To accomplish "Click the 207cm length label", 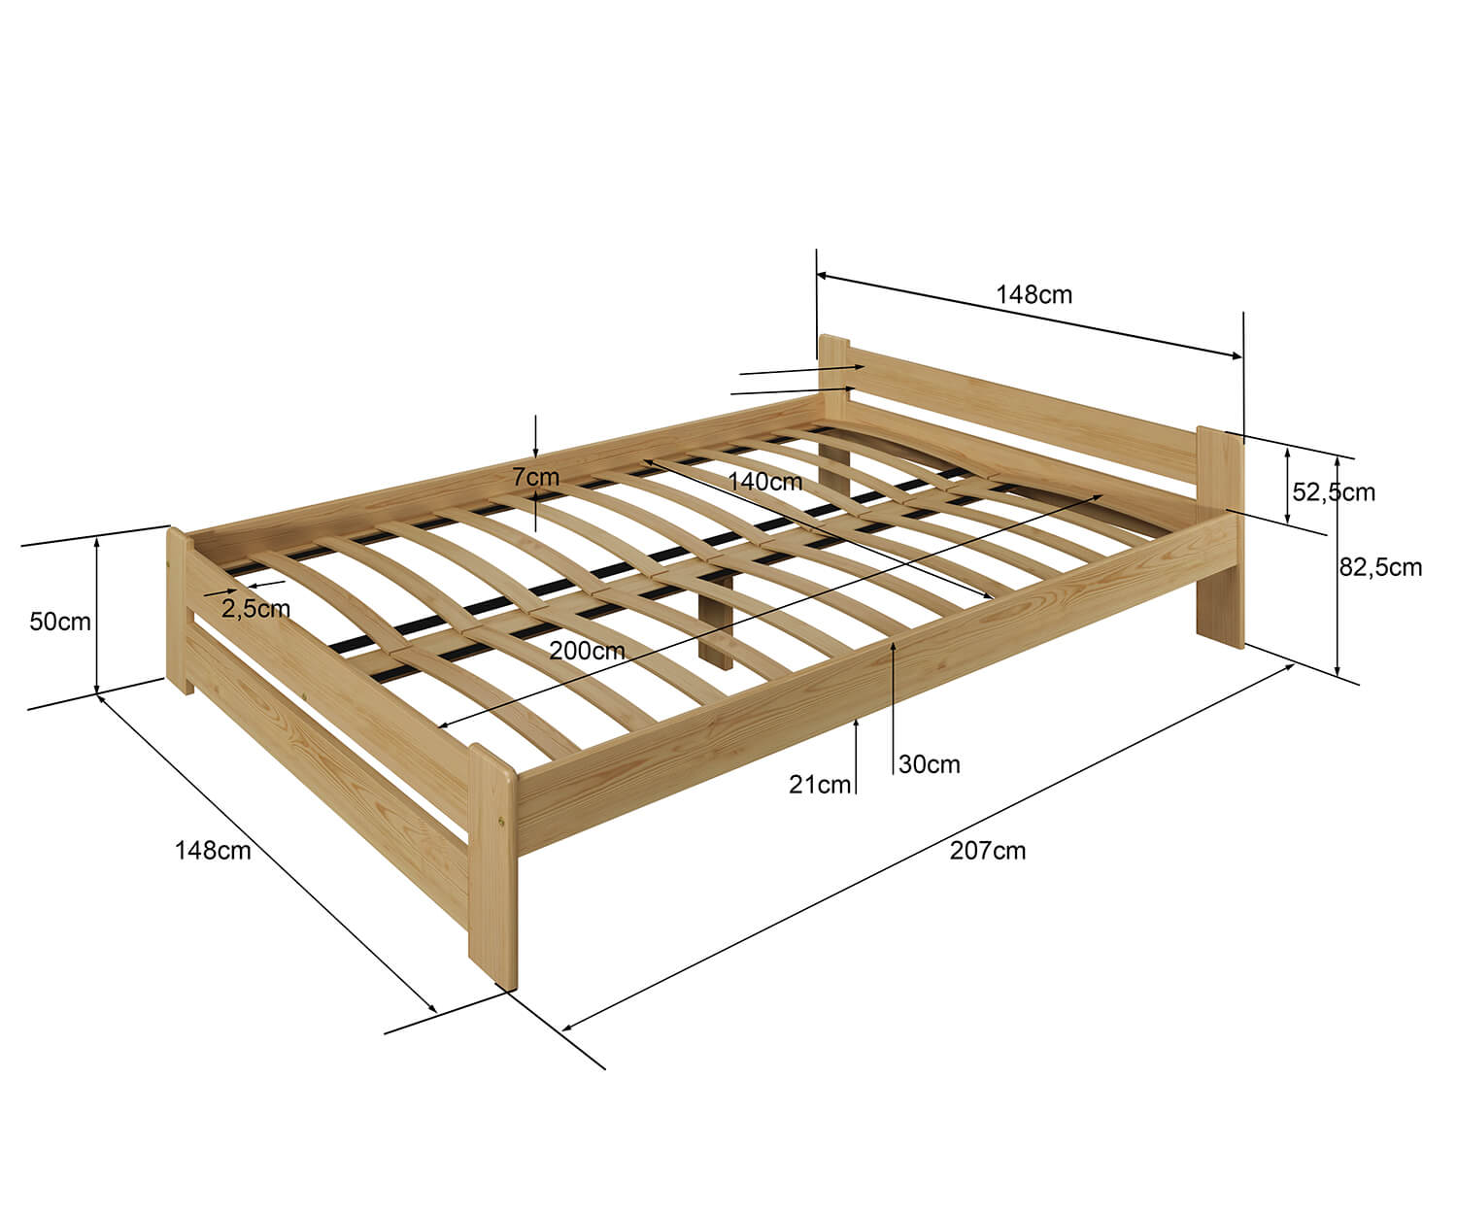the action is click(988, 851).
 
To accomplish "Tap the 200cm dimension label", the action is click(587, 651).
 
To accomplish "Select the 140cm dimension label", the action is click(765, 482).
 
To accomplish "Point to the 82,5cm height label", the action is click(1380, 567).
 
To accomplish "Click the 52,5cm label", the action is click(1334, 492).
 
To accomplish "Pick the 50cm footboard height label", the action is click(60, 622).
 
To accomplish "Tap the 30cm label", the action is click(929, 764).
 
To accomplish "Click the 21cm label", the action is click(820, 785).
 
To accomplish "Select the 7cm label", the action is click(536, 477).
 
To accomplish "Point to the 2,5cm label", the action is click(255, 609).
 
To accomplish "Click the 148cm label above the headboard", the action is click(1033, 295).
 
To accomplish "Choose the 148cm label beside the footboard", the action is click(212, 851).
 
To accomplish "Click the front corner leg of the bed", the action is click(492, 865).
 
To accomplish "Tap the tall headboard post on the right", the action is click(1220, 537).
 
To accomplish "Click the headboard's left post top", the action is click(833, 341).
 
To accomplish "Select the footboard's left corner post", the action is click(180, 611).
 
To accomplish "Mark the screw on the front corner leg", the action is click(500, 822).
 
